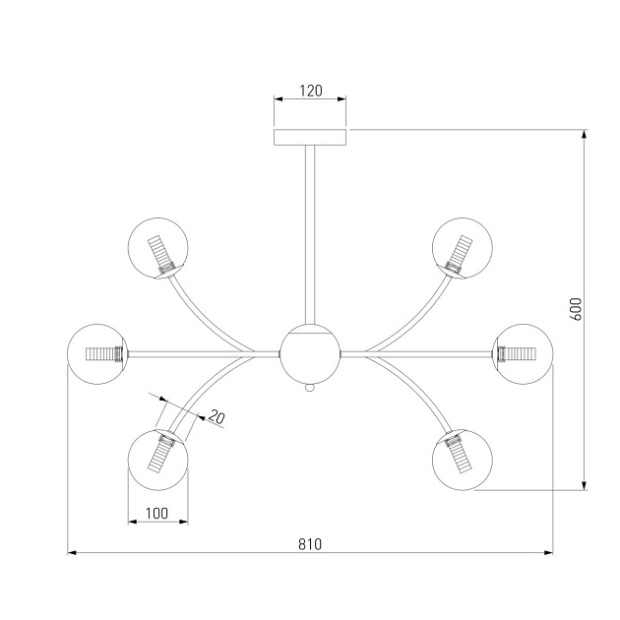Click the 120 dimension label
click(x=310, y=91)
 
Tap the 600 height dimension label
click(x=577, y=309)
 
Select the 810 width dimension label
click(x=310, y=544)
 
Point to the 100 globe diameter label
click(x=157, y=514)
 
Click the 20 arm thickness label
click(x=217, y=416)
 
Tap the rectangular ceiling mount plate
click(x=310, y=137)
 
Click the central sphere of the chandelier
click(x=310, y=354)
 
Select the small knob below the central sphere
click(x=310, y=388)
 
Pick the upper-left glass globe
click(x=157, y=248)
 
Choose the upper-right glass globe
click(x=463, y=248)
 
